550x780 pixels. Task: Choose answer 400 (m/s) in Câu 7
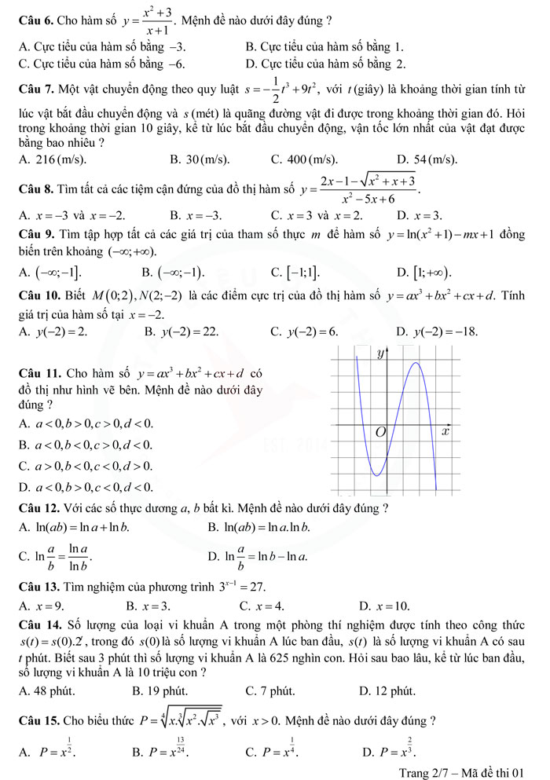[299, 159]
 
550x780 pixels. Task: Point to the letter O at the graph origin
[380, 433]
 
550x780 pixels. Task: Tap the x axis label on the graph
[445, 431]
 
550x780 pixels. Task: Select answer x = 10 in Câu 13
[384, 605]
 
